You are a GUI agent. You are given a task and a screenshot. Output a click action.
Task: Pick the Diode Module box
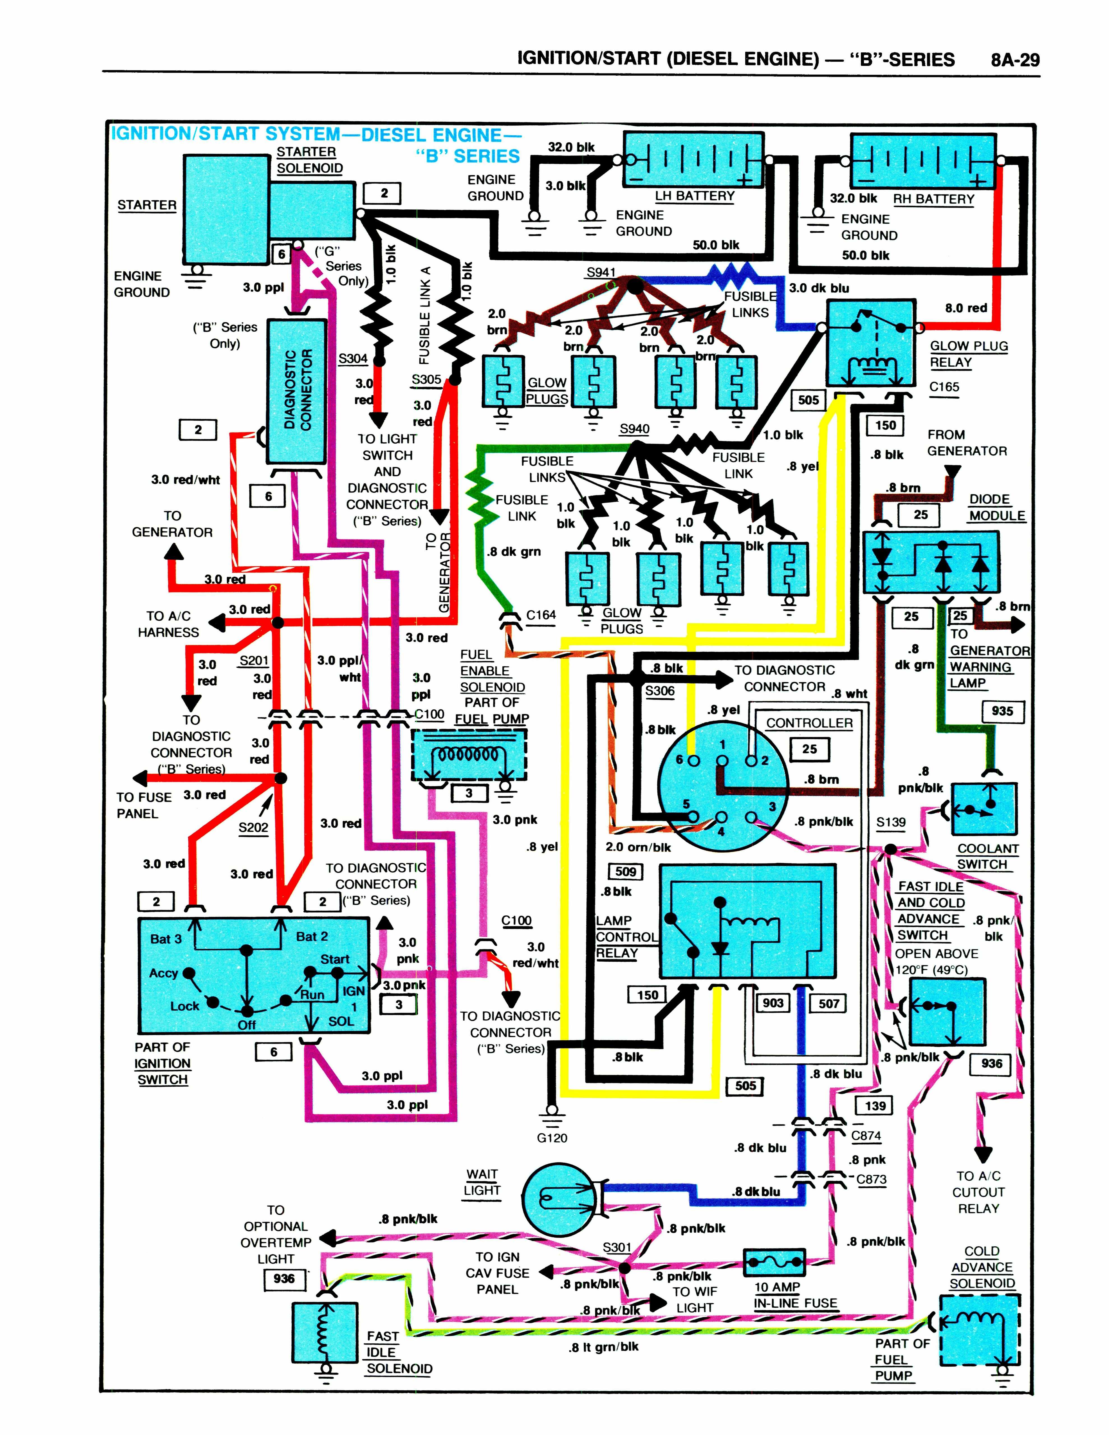click(x=931, y=563)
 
